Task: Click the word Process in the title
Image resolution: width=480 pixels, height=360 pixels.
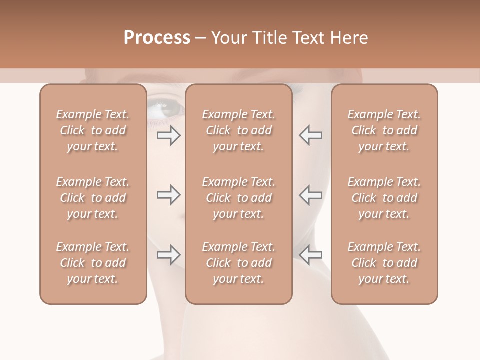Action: point(157,38)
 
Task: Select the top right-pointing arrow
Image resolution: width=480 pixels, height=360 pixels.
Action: point(168,135)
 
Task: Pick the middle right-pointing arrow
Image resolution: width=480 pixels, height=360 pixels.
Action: point(168,195)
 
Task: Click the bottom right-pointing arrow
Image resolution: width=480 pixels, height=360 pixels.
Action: point(168,255)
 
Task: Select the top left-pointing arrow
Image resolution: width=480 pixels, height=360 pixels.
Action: point(311,135)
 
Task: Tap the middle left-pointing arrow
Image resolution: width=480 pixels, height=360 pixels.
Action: point(311,195)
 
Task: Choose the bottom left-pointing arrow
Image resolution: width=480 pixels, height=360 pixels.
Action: point(311,255)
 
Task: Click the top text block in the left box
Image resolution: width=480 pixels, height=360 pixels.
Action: point(93,130)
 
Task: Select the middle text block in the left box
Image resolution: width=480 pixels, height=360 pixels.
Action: point(93,198)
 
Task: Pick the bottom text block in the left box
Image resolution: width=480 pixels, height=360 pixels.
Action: point(93,263)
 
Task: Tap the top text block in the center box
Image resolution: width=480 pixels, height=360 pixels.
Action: point(239,130)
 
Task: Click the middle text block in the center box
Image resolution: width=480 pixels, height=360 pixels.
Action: point(239,198)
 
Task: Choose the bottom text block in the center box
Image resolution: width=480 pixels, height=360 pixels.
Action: point(239,263)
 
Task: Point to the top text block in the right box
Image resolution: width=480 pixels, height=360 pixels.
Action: point(384,130)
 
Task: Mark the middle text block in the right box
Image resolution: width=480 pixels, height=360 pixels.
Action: point(384,198)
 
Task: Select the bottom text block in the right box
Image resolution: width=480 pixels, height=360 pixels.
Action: point(384,263)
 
